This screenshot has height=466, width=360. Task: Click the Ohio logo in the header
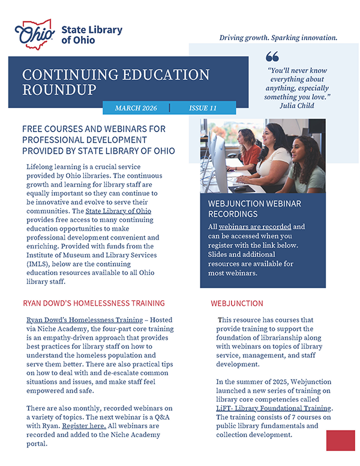pyautogui.click(x=37, y=34)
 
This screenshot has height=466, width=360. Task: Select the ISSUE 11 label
pyautogui.click(x=203, y=108)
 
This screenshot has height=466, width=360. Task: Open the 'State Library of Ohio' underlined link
pyautogui.click(x=118, y=211)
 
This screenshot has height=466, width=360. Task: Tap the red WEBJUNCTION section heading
pyautogui.click(x=237, y=304)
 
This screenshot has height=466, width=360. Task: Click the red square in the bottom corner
pyautogui.click(x=340, y=440)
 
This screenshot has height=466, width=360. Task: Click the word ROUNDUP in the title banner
pyautogui.click(x=59, y=90)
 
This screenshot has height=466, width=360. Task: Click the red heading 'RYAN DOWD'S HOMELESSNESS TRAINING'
pyautogui.click(x=93, y=303)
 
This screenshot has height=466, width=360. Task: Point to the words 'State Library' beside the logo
pyautogui.click(x=91, y=29)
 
